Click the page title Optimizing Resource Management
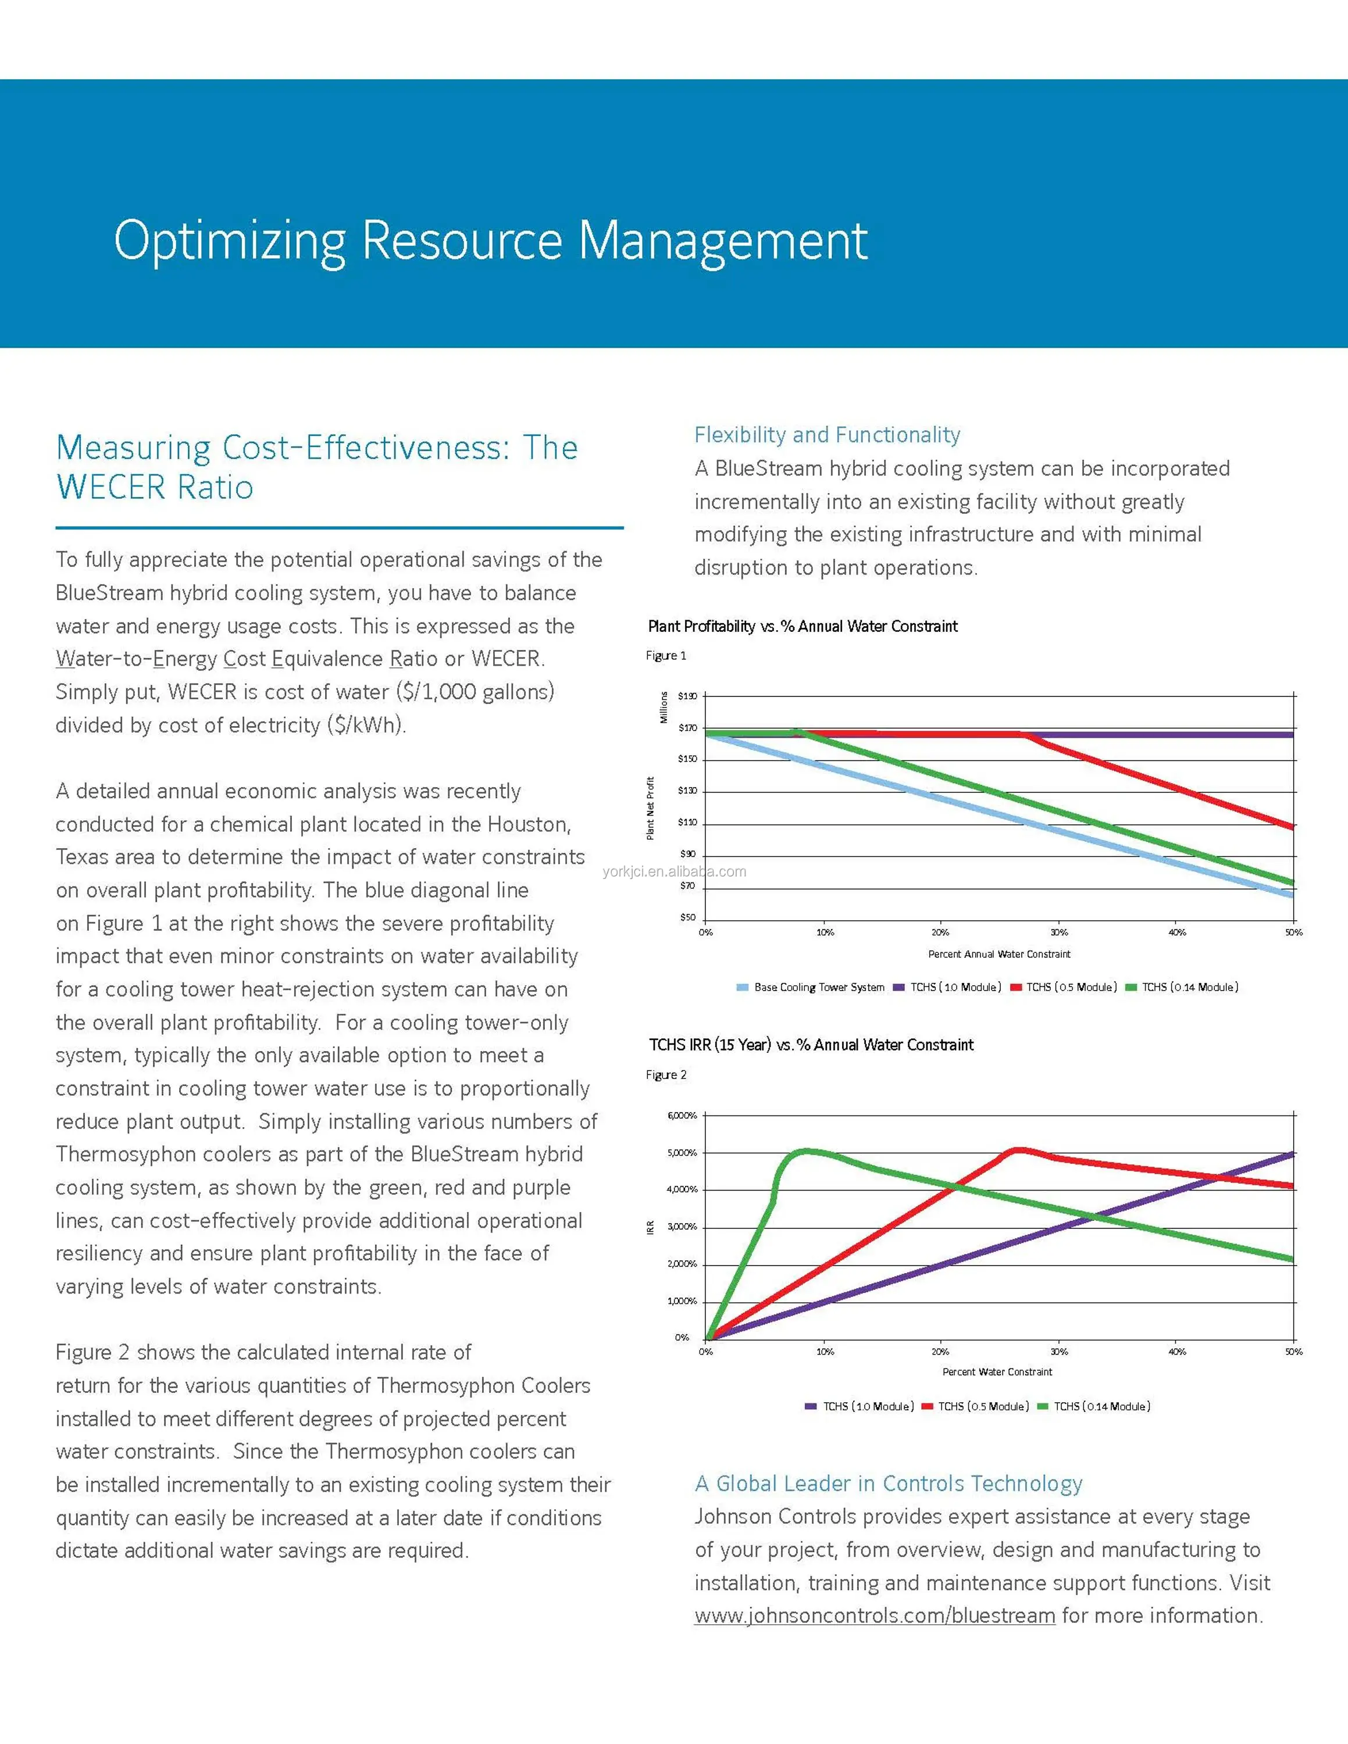tap(490, 240)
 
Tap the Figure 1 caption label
tap(666, 656)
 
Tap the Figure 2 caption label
tap(666, 1075)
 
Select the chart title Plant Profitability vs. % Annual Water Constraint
tap(803, 626)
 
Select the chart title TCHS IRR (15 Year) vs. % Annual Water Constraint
tap(811, 1045)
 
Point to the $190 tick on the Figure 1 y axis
tap(687, 696)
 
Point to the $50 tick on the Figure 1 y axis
tap(687, 917)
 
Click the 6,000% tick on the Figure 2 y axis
tap(682, 1116)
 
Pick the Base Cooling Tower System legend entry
tap(811, 988)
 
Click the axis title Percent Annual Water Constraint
tap(999, 954)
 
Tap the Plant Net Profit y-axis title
tap(650, 808)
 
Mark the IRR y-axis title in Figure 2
tap(650, 1227)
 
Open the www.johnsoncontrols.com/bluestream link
tap(875, 1616)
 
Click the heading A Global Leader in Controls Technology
tap(888, 1484)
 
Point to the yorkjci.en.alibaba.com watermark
tap(674, 871)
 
